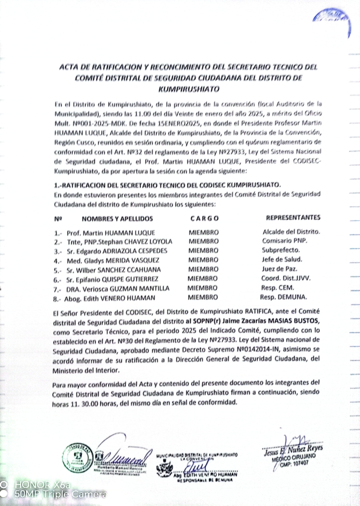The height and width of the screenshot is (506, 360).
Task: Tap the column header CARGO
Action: click(x=204, y=218)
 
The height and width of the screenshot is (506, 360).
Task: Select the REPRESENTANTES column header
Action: click(x=293, y=217)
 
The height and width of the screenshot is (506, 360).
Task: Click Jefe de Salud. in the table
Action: click(x=282, y=259)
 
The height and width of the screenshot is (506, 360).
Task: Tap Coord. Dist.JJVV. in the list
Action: click(x=287, y=279)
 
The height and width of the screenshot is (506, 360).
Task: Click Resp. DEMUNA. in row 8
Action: click(x=283, y=297)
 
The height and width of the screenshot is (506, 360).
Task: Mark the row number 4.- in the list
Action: click(x=59, y=260)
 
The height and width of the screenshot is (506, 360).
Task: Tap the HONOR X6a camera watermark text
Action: click(x=42, y=485)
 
